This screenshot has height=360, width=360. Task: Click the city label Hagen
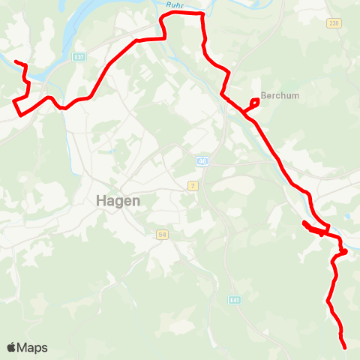[118, 201]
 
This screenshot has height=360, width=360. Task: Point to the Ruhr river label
[175, 4]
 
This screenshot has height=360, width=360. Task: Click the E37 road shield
[79, 56]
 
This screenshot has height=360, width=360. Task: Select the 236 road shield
[334, 24]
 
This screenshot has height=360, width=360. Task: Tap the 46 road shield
[202, 161]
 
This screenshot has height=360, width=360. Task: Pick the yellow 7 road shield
[193, 185]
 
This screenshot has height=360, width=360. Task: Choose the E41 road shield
[235, 300]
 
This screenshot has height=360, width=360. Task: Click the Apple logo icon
[11, 347]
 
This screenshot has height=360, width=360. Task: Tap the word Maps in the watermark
[32, 348]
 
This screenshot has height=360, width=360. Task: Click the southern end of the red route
[344, 347]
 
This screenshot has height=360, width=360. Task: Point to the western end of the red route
[16, 61]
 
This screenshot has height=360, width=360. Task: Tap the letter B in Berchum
[263, 96]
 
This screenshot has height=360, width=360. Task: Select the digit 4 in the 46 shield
[201, 161]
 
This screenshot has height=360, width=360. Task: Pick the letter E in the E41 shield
[232, 300]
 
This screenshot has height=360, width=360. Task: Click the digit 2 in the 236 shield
[330, 24]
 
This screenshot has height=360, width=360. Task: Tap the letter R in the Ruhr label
[169, 4]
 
